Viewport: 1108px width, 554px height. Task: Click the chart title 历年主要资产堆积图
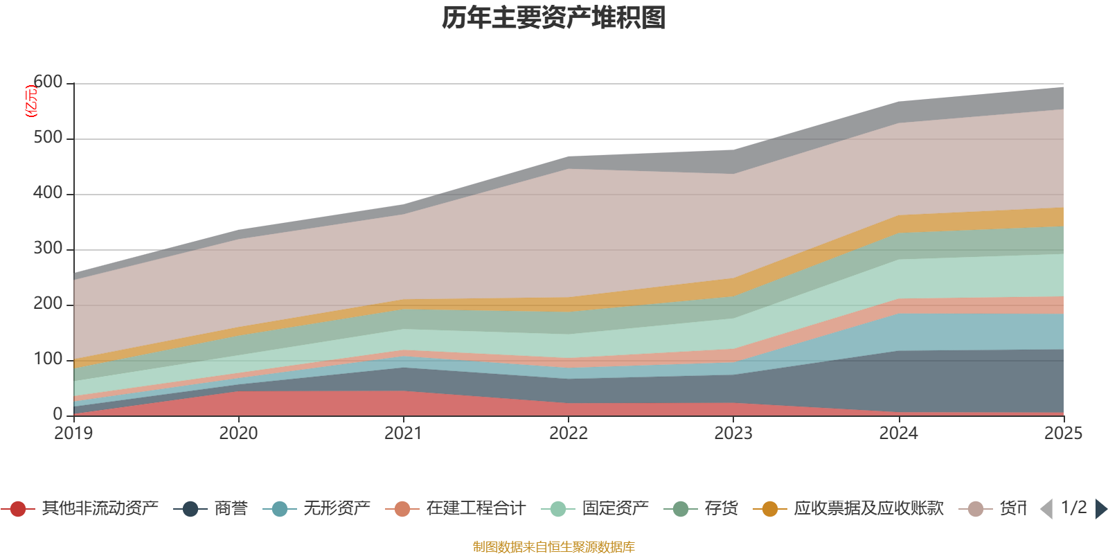[x=554, y=18]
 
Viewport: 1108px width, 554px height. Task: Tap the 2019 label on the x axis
[x=74, y=434]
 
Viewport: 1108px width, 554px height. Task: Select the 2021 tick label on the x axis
[x=404, y=434]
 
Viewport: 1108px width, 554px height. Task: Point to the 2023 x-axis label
[x=733, y=434]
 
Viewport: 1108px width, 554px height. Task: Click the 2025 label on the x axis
[x=1063, y=434]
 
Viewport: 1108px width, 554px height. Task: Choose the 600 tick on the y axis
[x=48, y=82]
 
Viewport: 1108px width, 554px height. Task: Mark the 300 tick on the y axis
[x=48, y=249]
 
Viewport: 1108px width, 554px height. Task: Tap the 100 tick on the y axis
[x=48, y=359]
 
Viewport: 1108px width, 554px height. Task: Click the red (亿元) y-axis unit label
[x=30, y=101]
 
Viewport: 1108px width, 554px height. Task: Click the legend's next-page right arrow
[x=1101, y=509]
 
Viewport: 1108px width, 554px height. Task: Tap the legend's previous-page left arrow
[x=1046, y=509]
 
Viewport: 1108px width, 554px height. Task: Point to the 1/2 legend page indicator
[x=1074, y=508]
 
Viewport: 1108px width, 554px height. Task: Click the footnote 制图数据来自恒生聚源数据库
[x=554, y=547]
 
